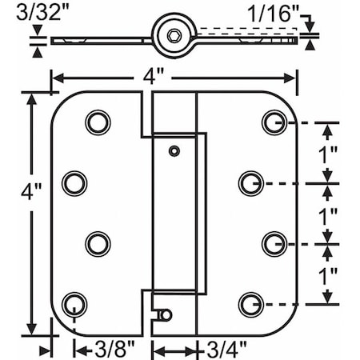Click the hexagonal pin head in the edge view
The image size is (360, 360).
[174, 38]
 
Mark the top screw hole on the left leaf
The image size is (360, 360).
[96, 122]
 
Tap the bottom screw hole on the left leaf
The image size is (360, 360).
[73, 302]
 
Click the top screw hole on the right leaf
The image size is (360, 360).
[273, 122]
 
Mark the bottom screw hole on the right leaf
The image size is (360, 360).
[250, 302]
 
